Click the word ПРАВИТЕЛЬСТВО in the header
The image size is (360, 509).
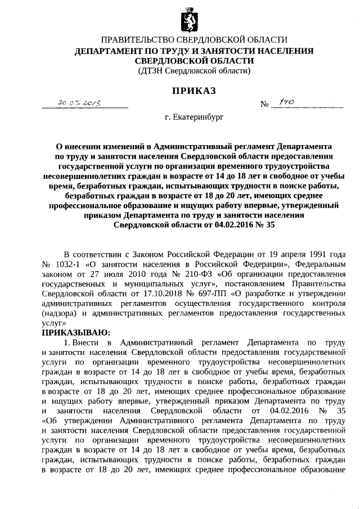(x=136, y=40)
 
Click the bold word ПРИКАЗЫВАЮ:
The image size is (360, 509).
(x=73, y=333)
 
